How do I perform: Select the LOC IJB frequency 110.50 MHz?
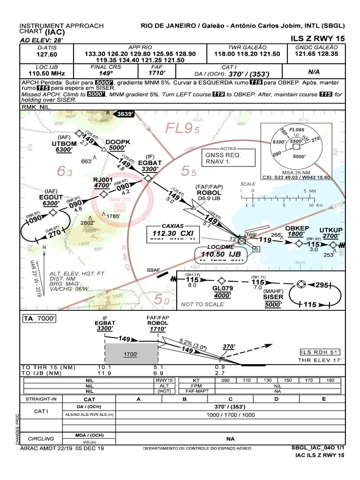pyautogui.click(x=46, y=74)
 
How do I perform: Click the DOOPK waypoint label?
pyautogui.click(x=117, y=142)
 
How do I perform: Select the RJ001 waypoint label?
pyautogui.click(x=102, y=179)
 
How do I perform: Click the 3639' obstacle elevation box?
pyautogui.click(x=125, y=113)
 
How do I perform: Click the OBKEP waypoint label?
pyautogui.click(x=297, y=228)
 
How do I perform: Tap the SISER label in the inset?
pyautogui.click(x=273, y=297)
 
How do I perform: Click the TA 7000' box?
pyautogui.click(x=40, y=319)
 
